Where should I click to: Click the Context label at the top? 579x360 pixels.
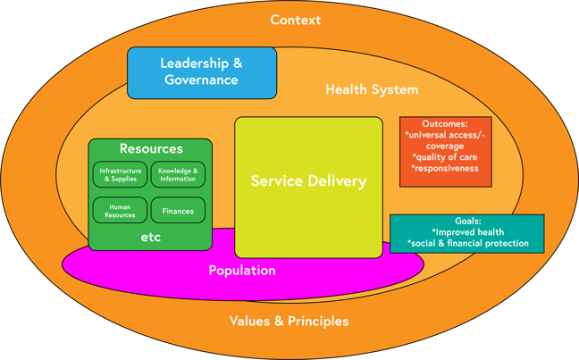tap(295, 20)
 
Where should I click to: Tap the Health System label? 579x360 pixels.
tap(372, 89)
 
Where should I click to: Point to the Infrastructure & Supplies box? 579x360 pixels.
tap(120, 174)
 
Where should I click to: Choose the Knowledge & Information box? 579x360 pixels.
tap(178, 174)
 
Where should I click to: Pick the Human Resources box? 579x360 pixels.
tap(120, 211)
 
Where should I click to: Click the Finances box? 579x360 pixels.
tap(178, 211)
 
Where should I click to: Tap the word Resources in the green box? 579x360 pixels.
tap(151, 149)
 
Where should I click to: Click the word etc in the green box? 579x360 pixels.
tap(151, 238)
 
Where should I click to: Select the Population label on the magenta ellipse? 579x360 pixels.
tap(242, 270)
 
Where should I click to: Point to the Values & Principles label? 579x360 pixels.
tap(289, 321)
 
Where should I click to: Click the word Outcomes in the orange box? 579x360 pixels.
tap(445, 124)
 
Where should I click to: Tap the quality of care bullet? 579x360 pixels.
tap(445, 157)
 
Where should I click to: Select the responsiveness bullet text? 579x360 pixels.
tap(445, 168)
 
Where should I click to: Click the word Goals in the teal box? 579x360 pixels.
tap(467, 221)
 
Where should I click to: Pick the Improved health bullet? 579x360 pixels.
tap(467, 232)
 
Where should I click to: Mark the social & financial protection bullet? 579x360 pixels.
tap(467, 243)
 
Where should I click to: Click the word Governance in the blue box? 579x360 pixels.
tap(202, 80)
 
